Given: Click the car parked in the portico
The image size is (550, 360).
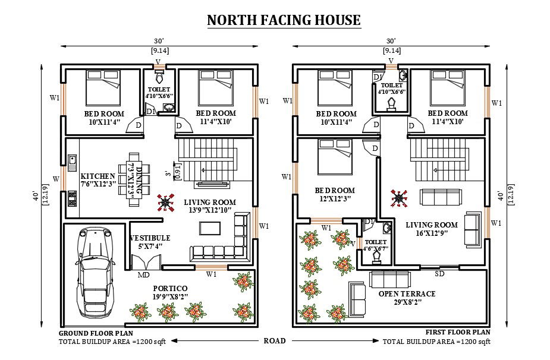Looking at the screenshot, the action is point(95,272).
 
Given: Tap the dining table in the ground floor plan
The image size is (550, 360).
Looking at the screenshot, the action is point(134,179).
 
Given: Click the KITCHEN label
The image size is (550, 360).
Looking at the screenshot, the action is point(98,176).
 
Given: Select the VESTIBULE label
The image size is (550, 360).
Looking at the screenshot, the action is point(150,238).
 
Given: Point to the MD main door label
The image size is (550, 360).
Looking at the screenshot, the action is point(143,275).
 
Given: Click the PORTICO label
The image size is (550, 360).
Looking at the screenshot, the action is point(170,288).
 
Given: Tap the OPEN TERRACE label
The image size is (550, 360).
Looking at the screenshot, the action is point(407,293).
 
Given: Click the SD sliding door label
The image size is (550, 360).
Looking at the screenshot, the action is point(439,273).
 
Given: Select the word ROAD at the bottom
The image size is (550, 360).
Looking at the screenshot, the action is point(275,340).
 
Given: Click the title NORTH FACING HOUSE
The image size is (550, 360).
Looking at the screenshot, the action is point(284,20).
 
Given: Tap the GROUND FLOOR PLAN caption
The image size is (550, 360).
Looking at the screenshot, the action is point(96,333).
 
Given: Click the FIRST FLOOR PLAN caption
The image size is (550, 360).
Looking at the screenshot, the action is point(458,331).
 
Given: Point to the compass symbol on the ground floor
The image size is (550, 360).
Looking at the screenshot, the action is point(165,202).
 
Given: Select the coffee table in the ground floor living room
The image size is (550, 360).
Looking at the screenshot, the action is point(210,228).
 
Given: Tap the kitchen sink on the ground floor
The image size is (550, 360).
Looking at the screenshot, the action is point(73,163).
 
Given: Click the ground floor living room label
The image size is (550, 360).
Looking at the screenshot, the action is point(210,206).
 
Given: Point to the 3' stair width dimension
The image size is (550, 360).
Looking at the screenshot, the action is point(168,173).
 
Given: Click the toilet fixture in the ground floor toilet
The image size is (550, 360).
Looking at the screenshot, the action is point(159,76).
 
